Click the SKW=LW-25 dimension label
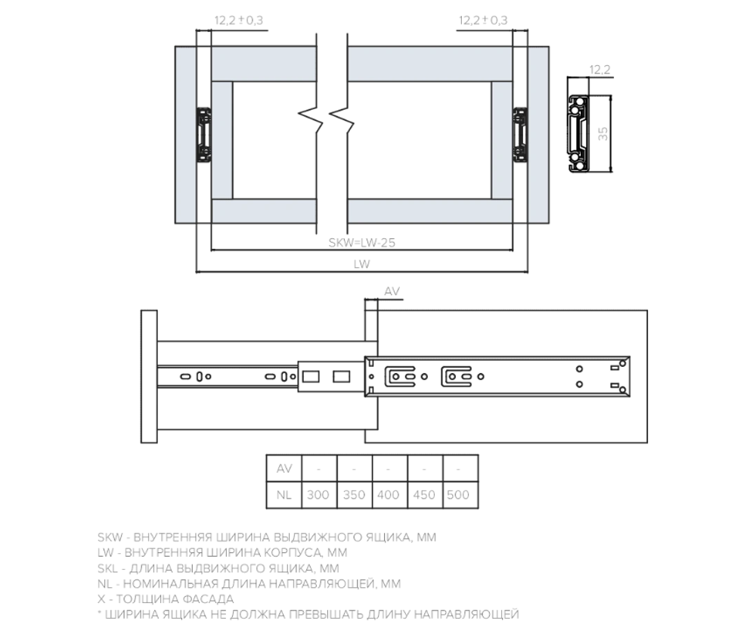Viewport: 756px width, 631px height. (363, 244)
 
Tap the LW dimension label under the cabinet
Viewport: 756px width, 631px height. (362, 265)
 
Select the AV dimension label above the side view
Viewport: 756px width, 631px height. (392, 291)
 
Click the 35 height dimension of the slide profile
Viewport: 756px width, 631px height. (603, 134)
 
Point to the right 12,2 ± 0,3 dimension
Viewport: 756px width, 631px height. (482, 20)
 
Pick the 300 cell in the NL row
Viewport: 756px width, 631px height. (319, 496)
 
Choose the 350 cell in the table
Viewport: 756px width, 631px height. (354, 496)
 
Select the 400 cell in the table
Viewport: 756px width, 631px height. (389, 496)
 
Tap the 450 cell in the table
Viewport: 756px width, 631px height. (424, 496)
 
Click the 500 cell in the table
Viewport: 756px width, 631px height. (458, 496)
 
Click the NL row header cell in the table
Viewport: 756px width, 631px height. (284, 496)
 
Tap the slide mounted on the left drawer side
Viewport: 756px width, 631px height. (204, 135)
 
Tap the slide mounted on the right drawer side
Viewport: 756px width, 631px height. (521, 135)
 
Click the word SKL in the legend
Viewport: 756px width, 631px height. (110, 568)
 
